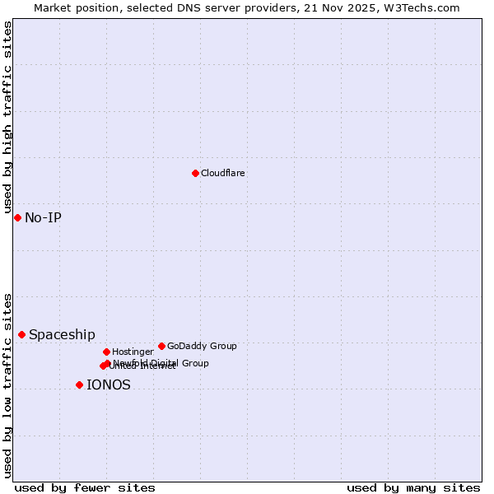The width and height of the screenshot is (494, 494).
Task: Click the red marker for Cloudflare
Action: (195, 173)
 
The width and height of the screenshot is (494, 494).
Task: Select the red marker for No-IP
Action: (17, 217)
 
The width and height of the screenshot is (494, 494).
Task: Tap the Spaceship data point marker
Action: (21, 334)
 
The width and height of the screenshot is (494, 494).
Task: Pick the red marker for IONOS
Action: (79, 384)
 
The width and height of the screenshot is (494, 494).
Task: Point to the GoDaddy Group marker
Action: (161, 346)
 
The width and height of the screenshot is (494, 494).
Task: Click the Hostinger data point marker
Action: (106, 352)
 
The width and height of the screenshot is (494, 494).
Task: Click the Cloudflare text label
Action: (223, 173)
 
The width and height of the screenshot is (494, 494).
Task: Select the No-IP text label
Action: (43, 217)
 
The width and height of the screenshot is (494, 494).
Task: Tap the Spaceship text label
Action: (62, 334)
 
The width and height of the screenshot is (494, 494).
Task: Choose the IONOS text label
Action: (109, 384)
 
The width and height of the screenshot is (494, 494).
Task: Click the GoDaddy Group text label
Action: (202, 346)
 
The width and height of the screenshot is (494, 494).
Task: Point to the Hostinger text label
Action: (133, 352)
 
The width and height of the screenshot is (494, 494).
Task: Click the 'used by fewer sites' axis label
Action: (85, 487)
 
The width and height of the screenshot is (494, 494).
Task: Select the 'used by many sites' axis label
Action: (413, 487)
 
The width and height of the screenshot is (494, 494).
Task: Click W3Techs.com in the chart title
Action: (424, 7)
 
